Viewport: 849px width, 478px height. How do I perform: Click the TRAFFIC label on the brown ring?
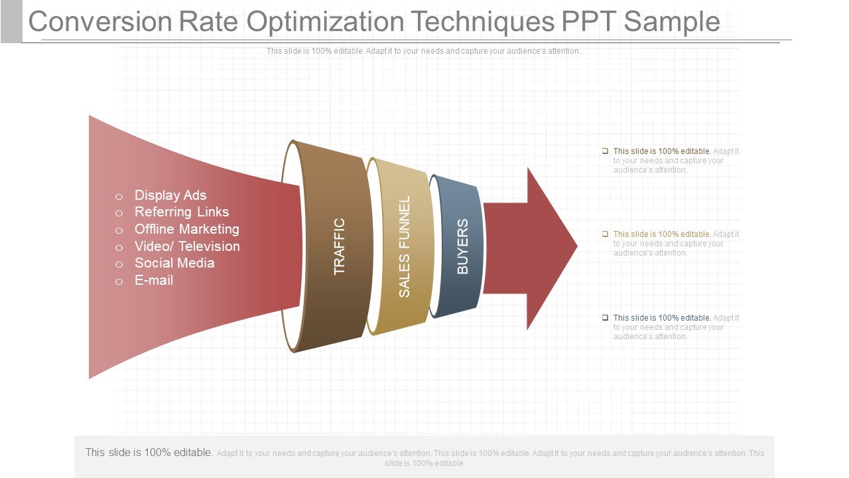(339, 246)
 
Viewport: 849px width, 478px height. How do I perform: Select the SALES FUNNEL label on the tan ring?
(404, 246)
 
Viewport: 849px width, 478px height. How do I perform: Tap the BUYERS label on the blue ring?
(462, 246)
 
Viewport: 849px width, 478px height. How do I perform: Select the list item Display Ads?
(170, 195)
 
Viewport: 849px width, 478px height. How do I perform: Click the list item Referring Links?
(182, 212)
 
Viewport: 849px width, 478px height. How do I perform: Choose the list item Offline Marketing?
(187, 229)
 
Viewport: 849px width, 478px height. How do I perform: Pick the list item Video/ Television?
(187, 246)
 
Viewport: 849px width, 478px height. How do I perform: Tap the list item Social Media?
(174, 263)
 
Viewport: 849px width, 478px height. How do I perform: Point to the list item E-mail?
(154, 280)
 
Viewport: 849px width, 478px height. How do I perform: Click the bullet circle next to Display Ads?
(119, 197)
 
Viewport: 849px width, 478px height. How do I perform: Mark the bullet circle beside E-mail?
(119, 281)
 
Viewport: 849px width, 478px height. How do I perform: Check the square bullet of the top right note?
(605, 151)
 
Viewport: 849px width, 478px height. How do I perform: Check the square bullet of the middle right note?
(605, 234)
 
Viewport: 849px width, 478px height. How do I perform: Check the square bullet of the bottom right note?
(605, 318)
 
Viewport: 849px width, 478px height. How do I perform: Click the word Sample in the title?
(672, 21)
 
